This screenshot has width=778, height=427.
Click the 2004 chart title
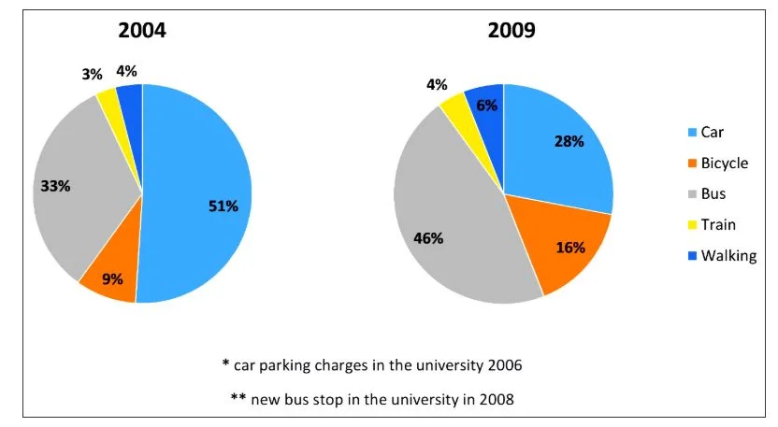point(142,30)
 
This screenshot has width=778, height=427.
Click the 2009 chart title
point(511,30)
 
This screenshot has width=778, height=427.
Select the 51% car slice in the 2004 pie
point(201,196)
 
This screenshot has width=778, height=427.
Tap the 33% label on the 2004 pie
point(56,186)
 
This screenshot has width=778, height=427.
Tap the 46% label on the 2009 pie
point(428,237)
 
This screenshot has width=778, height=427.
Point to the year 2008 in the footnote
point(496,398)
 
